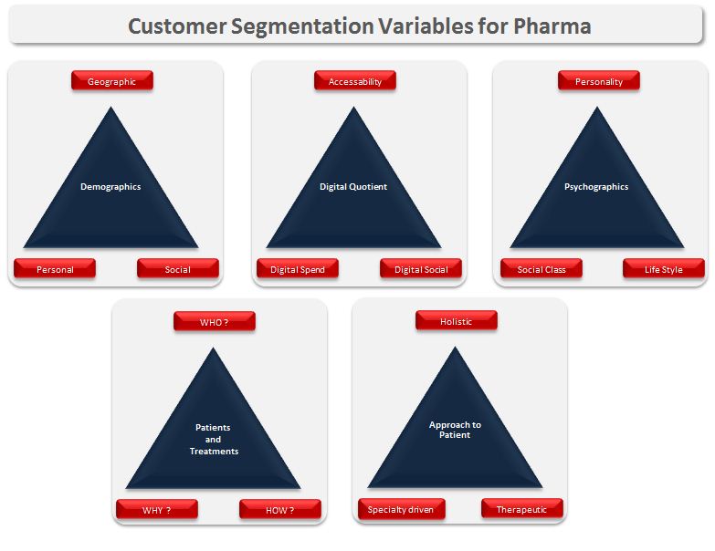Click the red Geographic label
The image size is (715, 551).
tap(111, 81)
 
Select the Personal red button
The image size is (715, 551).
tap(55, 269)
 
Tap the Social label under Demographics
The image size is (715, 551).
tap(177, 269)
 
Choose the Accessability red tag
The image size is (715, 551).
tap(355, 81)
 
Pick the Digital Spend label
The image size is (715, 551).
tap(298, 269)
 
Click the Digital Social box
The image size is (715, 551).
tap(421, 269)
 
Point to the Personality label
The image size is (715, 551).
tap(599, 81)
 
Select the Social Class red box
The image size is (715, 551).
tap(542, 269)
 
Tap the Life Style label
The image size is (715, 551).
tap(664, 269)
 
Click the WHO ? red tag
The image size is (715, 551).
tap(214, 322)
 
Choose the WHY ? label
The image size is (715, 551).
tap(157, 510)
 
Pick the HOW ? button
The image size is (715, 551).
tap(280, 510)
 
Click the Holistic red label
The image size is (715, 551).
tap(457, 321)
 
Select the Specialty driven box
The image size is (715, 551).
tap(401, 509)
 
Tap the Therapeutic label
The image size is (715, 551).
tap(521, 509)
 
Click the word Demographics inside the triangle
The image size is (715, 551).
tap(110, 186)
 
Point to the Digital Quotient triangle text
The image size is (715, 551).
tap(353, 186)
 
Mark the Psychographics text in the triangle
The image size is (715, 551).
tap(596, 186)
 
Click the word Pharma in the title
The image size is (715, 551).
tap(546, 26)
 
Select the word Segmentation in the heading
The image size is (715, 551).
tap(296, 26)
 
